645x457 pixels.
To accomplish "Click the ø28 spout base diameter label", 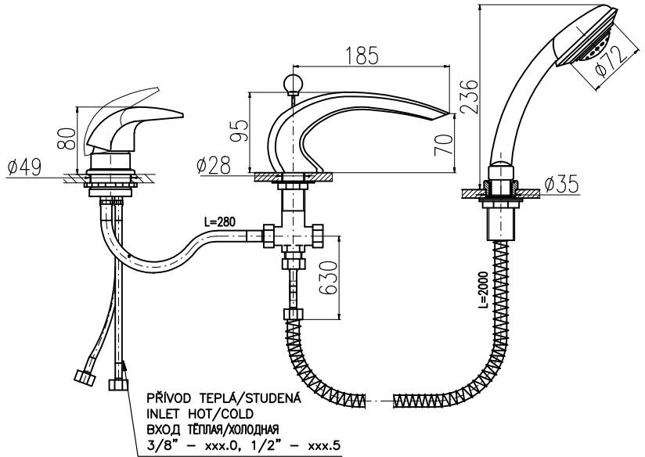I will point(213,165).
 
